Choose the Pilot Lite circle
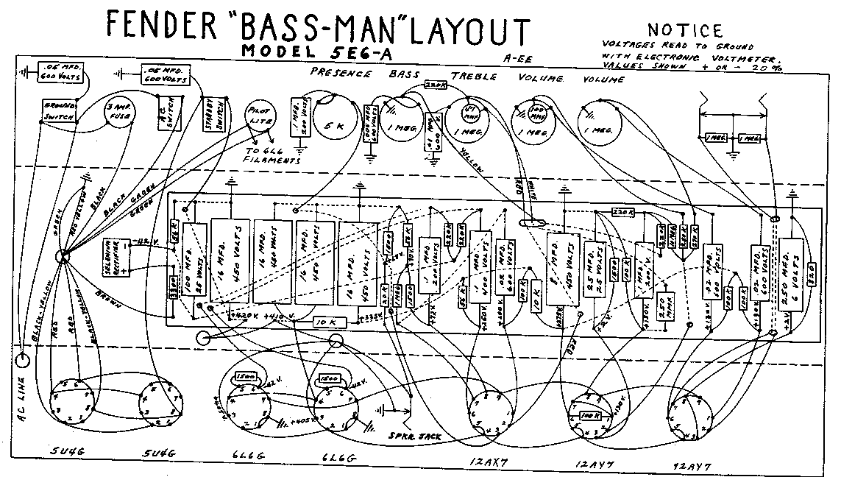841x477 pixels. [260, 119]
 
